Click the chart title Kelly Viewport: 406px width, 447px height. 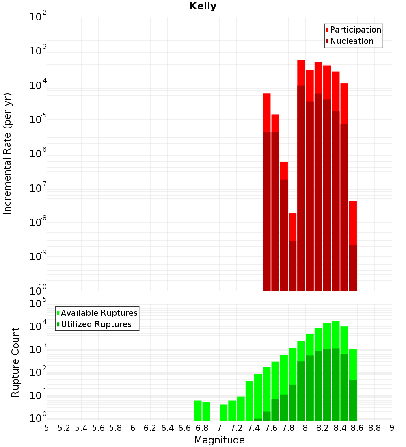point(203,7)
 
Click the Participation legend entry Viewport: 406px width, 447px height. point(356,30)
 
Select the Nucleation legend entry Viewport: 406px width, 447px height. point(352,41)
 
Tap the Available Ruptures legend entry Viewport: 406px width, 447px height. point(99,313)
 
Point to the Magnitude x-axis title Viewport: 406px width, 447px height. point(219,440)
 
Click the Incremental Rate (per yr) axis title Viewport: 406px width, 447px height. point(8,154)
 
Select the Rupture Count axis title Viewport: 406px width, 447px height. point(15,362)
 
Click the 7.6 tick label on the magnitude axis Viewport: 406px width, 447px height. point(271,428)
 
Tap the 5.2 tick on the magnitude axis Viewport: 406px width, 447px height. point(64,428)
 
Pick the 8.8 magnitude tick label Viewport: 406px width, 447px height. point(375,428)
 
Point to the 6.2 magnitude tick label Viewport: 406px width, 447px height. point(150,428)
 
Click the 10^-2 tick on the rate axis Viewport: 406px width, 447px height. point(38,17)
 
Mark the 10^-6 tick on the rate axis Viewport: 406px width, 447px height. point(38,154)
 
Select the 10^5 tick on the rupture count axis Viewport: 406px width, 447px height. point(38,304)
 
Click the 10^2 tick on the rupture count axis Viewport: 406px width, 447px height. point(38,373)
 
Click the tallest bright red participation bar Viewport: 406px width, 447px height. point(301,73)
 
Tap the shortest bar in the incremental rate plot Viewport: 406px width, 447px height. point(293,228)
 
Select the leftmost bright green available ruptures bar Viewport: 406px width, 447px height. point(198,410)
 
